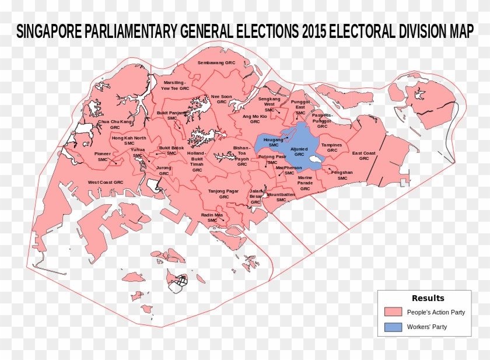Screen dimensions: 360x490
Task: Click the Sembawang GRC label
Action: tap(216, 62)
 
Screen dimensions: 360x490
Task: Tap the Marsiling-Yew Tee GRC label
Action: tap(175, 85)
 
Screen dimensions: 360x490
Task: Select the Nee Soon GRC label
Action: tap(221, 99)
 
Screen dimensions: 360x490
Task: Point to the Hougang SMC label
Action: tap(274, 142)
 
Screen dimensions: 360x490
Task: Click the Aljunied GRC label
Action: tap(299, 152)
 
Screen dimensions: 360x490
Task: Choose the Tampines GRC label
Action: tap(332, 148)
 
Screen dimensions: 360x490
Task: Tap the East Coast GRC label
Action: tap(364, 155)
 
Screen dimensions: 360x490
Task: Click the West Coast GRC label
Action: tap(106, 182)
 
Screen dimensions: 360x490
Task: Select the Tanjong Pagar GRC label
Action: tap(224, 194)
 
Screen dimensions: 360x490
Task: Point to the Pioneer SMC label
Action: tap(103, 156)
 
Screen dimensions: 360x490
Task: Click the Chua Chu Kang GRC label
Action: tap(115, 124)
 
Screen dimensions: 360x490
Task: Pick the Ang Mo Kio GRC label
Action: tap(255, 119)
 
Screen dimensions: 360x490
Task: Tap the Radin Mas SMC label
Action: tap(212, 217)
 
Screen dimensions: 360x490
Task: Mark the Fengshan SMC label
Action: tap(342, 175)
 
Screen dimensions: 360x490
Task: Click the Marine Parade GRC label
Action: tap(305, 183)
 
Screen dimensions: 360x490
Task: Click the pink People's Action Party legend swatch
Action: tap(394, 312)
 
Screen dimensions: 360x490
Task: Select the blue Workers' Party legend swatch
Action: tap(394, 327)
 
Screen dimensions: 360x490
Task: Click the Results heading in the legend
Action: tap(428, 298)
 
